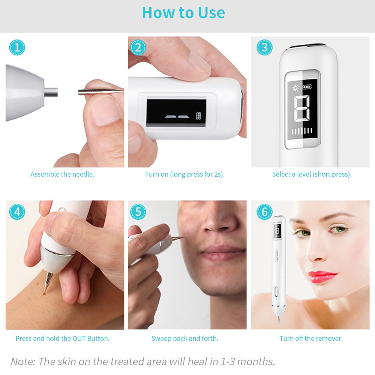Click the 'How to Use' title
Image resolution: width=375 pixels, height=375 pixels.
coord(183,13)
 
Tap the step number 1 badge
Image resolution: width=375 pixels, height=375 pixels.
coord(17,48)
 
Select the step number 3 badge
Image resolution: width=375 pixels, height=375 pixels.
coord(264,48)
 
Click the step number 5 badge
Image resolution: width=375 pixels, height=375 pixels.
coord(138,212)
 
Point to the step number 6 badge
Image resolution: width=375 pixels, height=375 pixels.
coord(264,212)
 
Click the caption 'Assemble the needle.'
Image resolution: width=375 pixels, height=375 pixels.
coord(62,174)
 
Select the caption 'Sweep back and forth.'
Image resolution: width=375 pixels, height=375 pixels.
coord(184,339)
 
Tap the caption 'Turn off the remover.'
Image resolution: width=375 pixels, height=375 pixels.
coord(311,339)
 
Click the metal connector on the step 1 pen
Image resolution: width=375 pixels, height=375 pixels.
coord(51,91)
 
